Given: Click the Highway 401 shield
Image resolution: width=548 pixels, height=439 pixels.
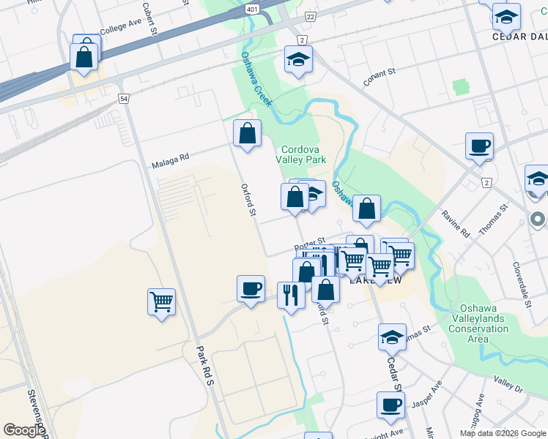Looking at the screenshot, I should pos(252,10).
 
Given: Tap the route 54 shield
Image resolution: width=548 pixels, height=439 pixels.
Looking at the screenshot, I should pos(124,98).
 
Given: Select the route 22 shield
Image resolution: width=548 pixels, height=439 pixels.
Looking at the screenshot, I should pos(311,16).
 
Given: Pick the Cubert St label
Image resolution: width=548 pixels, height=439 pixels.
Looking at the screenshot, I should pos(149,18).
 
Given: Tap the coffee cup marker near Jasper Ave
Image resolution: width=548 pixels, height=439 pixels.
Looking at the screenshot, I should pos(390,405).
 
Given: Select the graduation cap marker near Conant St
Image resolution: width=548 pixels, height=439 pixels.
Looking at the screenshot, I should pos(298,60).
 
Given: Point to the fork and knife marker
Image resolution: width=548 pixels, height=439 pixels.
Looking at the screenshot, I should pos(291,295).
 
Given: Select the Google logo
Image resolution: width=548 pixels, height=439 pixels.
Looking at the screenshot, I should pos(24,430).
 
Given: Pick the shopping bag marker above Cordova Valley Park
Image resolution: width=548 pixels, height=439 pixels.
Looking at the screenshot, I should pos(248,134).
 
